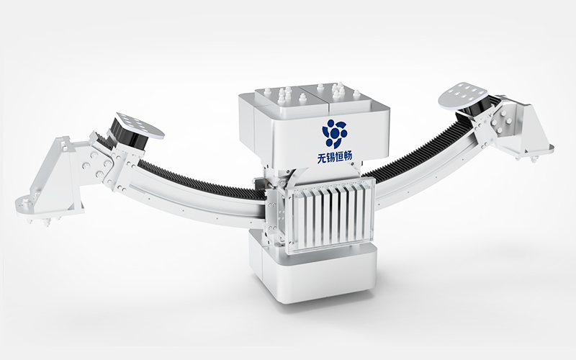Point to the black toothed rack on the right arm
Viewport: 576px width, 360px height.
tap(418, 151)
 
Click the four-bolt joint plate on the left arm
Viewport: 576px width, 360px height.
tap(102, 161)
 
